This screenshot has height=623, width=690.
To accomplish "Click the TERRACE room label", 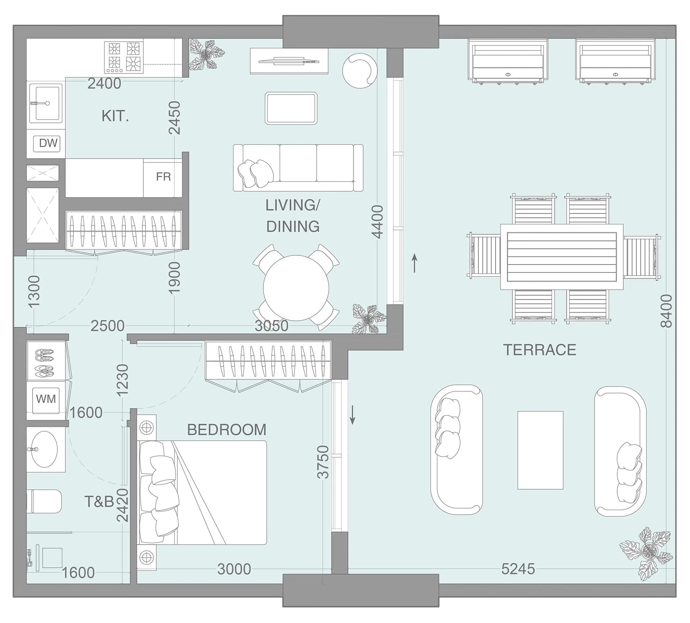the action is (539, 350).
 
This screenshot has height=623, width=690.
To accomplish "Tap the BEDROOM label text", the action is (227, 430).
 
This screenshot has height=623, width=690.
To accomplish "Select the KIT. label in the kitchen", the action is (115, 116).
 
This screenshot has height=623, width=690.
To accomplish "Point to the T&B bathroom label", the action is (99, 502).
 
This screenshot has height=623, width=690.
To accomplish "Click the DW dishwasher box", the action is (47, 143).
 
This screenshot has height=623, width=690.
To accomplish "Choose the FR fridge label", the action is (163, 177).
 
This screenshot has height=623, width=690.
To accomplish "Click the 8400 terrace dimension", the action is (666, 311).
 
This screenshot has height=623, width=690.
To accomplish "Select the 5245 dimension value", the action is (518, 569).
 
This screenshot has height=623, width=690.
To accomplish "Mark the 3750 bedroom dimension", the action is (323, 462).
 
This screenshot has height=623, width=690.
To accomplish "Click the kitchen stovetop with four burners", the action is (124, 57).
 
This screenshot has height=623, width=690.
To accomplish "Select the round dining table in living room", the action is (296, 288).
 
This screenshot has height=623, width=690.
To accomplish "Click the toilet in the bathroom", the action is (44, 501).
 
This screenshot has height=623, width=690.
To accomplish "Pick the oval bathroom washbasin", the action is (44, 449).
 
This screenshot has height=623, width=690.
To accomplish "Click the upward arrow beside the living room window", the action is (415, 263).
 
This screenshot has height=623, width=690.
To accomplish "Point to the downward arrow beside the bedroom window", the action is (353, 415).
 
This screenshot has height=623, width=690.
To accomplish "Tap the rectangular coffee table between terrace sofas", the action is (540, 450).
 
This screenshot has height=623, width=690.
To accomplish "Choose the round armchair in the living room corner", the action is (360, 71).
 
